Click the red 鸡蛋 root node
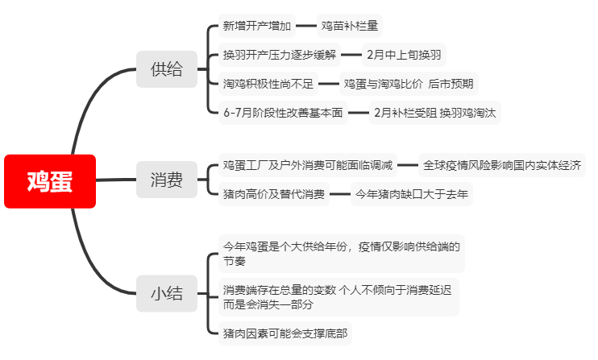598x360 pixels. (x=50, y=181)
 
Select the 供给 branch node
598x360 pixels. (x=167, y=69)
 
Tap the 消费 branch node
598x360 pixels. (x=167, y=180)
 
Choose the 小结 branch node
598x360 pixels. (x=167, y=293)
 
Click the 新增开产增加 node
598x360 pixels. (x=257, y=26)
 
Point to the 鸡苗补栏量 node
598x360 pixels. (x=349, y=26)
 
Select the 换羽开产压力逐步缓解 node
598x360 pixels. (x=280, y=55)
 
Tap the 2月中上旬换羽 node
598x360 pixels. (x=404, y=55)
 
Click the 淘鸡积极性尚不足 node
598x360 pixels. (x=268, y=84)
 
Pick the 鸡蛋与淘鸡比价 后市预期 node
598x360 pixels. (x=409, y=84)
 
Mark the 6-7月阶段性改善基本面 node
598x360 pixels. (x=283, y=113)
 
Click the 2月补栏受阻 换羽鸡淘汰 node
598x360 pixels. (x=434, y=113)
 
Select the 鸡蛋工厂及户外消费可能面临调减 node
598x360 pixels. (x=308, y=165)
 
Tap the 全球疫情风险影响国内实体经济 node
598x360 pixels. (x=502, y=165)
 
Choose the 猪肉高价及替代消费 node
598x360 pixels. (x=274, y=194)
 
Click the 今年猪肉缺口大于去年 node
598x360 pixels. (x=412, y=194)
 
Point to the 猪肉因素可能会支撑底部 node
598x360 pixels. (x=284, y=333)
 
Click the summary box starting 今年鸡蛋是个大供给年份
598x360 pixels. (x=342, y=254)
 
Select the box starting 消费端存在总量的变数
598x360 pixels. (x=338, y=297)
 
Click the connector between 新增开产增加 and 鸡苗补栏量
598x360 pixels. (x=306, y=26)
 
